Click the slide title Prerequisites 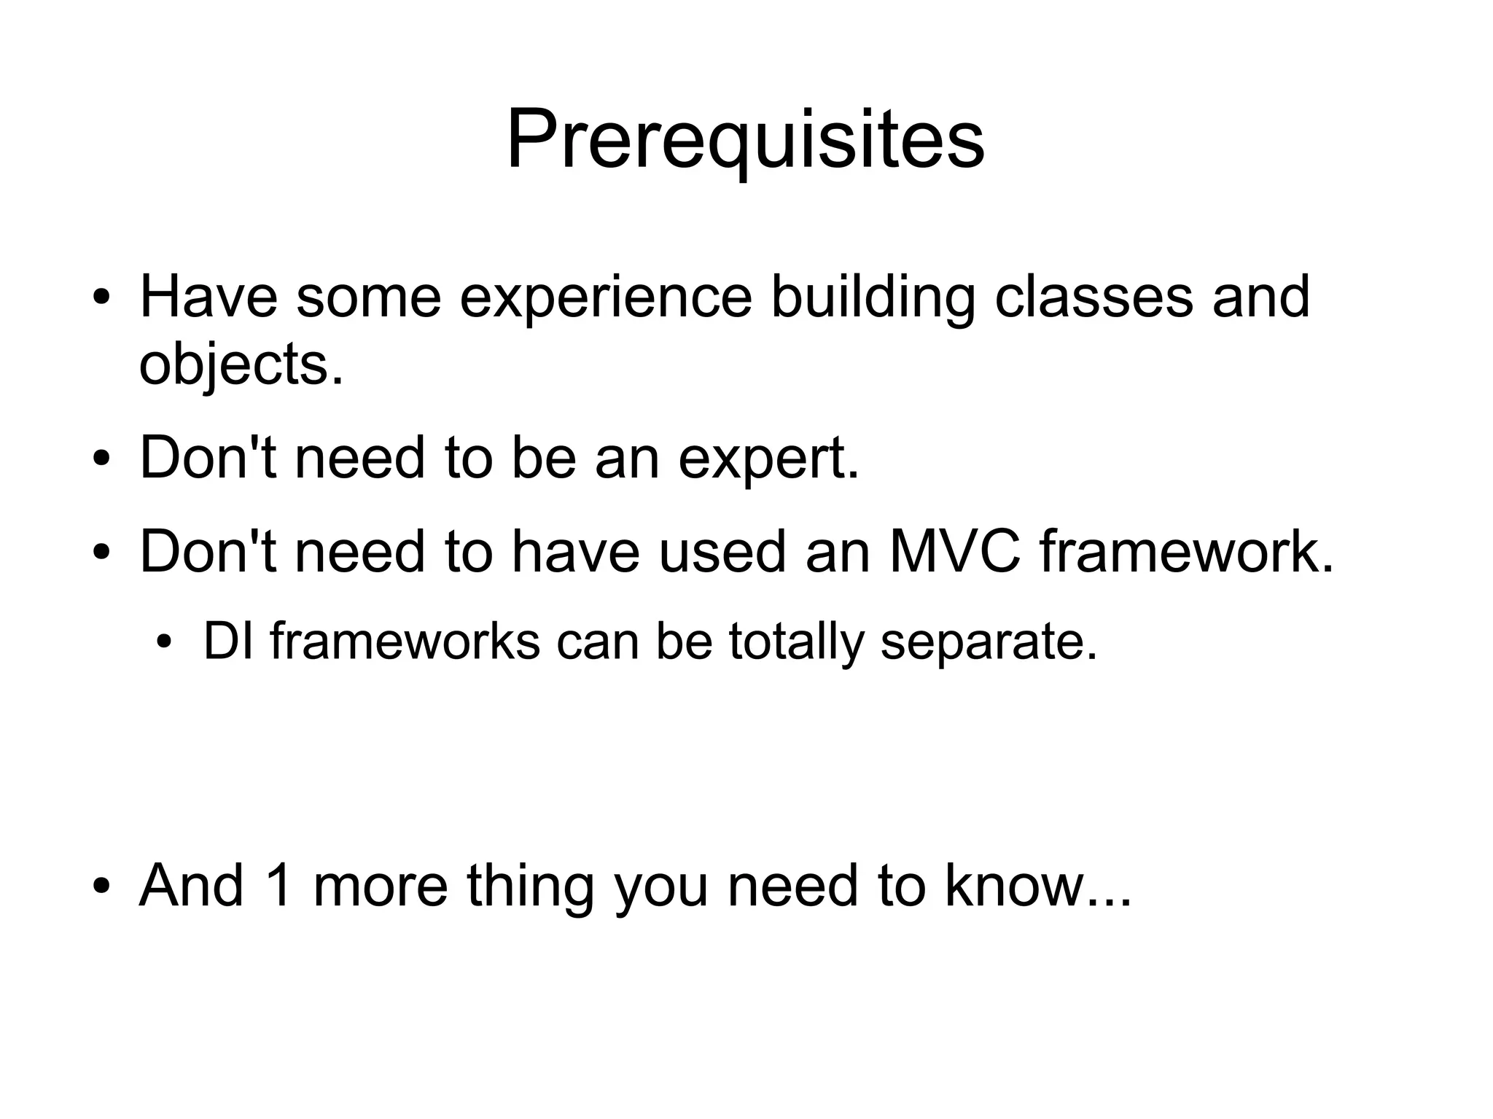tap(745, 139)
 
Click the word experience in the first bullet tap(605, 297)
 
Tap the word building tap(873, 297)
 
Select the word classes tap(1094, 297)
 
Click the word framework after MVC tap(1186, 552)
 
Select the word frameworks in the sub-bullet tap(405, 642)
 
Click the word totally tap(795, 642)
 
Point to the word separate tap(988, 642)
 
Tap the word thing tap(530, 886)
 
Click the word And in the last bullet tap(191, 886)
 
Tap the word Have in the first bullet tap(208, 297)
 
